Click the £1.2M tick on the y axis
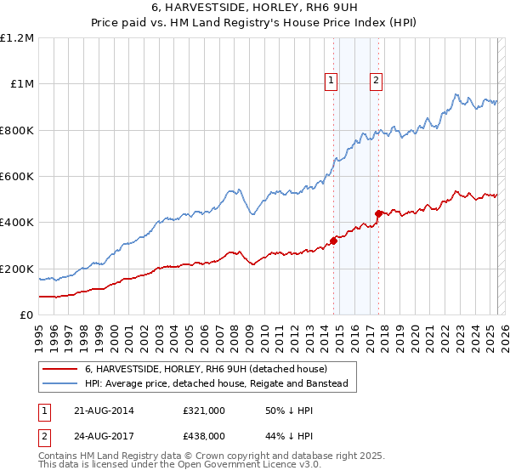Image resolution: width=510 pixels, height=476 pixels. (x=17, y=38)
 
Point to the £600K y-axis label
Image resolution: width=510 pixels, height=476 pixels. (x=17, y=177)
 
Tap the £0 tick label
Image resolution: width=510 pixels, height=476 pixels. (x=25, y=315)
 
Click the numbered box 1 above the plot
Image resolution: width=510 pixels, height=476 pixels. (x=331, y=82)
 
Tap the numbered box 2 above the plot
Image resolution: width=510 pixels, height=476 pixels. (x=376, y=82)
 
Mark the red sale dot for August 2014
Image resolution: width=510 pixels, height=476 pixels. (x=333, y=241)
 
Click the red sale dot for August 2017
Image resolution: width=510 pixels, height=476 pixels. (x=378, y=213)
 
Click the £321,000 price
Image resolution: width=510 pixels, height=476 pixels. (x=203, y=411)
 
